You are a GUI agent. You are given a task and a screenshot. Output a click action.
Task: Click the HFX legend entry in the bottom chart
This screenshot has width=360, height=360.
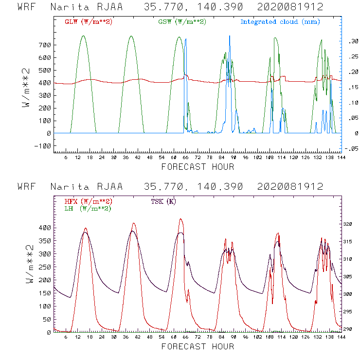(88, 201)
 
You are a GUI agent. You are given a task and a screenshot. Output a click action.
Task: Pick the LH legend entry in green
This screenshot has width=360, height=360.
(87, 208)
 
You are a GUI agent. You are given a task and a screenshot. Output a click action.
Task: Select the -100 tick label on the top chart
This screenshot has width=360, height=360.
(43, 145)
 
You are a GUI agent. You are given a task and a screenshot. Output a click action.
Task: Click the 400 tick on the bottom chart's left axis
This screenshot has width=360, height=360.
(45, 228)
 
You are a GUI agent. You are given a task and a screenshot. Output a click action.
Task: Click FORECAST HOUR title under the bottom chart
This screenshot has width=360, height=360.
(198, 347)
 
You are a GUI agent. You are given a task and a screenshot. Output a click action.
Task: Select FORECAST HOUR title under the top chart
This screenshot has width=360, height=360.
(198, 167)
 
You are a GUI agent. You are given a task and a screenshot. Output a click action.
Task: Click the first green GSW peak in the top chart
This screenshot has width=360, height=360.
(83, 36)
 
